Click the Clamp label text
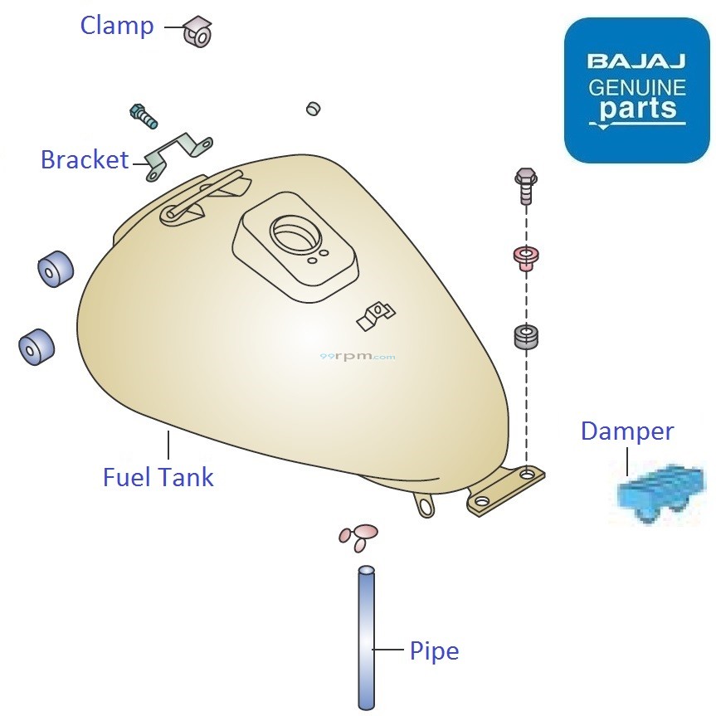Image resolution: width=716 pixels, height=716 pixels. pyautogui.click(x=117, y=26)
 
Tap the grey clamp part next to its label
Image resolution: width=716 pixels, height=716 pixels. pyautogui.click(x=198, y=31)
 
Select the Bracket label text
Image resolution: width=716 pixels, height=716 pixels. pyautogui.click(x=85, y=159)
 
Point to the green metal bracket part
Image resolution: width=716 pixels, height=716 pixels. pyautogui.click(x=178, y=153)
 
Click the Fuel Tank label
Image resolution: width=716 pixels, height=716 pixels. pyautogui.click(x=158, y=477)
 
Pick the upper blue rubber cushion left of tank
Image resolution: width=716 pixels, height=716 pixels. pyautogui.click(x=55, y=268)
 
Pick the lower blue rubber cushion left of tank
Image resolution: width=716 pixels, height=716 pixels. pyautogui.click(x=37, y=346)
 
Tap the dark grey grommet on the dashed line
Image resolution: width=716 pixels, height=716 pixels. pyautogui.click(x=527, y=337)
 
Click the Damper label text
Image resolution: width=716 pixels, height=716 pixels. pyautogui.click(x=626, y=431)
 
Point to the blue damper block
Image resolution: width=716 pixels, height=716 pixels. pyautogui.click(x=660, y=494)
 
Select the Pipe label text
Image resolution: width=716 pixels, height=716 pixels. pyautogui.click(x=434, y=651)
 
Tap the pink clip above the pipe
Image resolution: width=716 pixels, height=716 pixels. pyautogui.click(x=358, y=536)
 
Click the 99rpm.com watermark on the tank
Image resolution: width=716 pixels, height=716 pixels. pyautogui.click(x=357, y=357)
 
